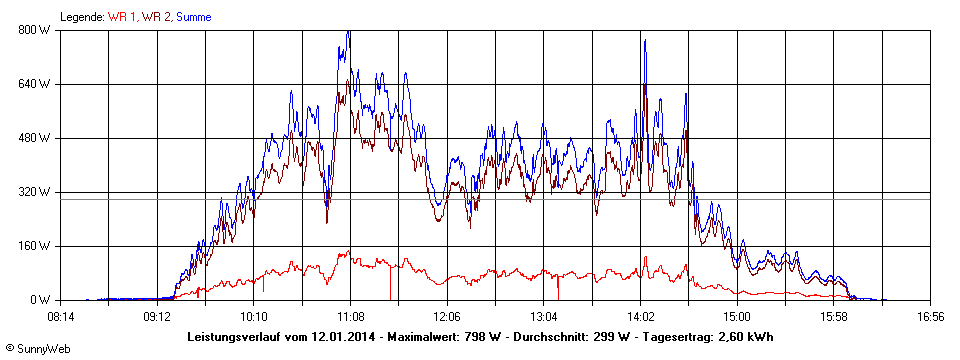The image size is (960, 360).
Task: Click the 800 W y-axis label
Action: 35,29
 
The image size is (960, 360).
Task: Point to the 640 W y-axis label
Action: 35,83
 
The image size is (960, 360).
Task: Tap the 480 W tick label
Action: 35,137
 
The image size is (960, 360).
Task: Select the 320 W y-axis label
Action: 35,191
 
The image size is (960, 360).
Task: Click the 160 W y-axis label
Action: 35,245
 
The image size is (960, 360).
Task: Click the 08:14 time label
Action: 61,317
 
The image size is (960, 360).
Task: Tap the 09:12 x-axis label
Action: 157,317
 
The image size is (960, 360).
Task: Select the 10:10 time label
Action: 254,317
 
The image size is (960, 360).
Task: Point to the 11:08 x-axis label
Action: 351,317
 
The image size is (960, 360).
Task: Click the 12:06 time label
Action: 447,317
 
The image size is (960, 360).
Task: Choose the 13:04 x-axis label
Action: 544,317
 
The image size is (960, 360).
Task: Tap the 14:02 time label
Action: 641,317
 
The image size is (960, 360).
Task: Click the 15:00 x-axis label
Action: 737,317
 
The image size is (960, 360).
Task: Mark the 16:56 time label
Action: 930,317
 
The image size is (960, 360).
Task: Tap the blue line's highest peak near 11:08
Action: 348,31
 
